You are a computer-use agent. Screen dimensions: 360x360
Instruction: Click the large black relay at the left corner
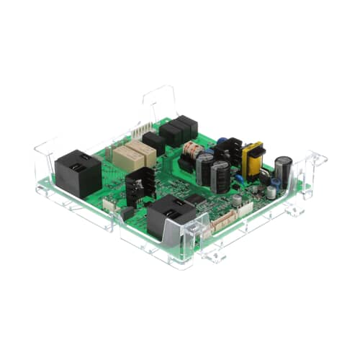pos(78,173)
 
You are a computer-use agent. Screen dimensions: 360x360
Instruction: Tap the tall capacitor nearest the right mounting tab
pos(283,173)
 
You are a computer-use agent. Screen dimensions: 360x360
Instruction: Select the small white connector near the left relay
pos(109,204)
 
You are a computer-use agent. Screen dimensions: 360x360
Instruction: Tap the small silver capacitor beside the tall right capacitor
pos(271,192)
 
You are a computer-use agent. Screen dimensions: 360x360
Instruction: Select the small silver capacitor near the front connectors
pos(236,200)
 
